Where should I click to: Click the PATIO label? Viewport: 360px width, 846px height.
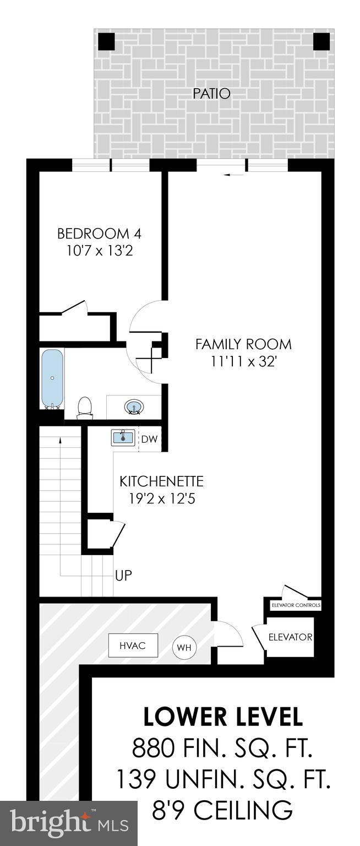point(211,94)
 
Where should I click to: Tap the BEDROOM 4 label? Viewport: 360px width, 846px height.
point(99,234)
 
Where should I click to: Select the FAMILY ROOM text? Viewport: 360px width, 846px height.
point(243,345)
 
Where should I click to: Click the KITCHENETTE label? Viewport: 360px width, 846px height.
point(161,481)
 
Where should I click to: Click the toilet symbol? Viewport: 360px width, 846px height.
point(84,407)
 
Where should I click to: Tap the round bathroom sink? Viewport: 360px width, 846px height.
point(133,408)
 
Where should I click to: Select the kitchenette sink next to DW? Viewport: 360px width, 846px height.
point(123,438)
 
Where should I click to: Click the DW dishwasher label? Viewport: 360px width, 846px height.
point(149,440)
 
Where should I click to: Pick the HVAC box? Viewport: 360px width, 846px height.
point(132,646)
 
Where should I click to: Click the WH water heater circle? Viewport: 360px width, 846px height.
point(184,647)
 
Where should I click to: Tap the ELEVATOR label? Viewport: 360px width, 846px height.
point(290,637)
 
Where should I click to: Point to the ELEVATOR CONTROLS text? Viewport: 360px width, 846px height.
point(296,605)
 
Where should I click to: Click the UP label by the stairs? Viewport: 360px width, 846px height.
point(123,576)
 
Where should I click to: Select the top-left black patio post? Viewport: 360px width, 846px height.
point(106,41)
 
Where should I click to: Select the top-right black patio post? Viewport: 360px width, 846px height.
point(321,41)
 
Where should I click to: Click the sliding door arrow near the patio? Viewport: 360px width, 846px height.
point(234,175)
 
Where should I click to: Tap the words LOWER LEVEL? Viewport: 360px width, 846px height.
point(223,717)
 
